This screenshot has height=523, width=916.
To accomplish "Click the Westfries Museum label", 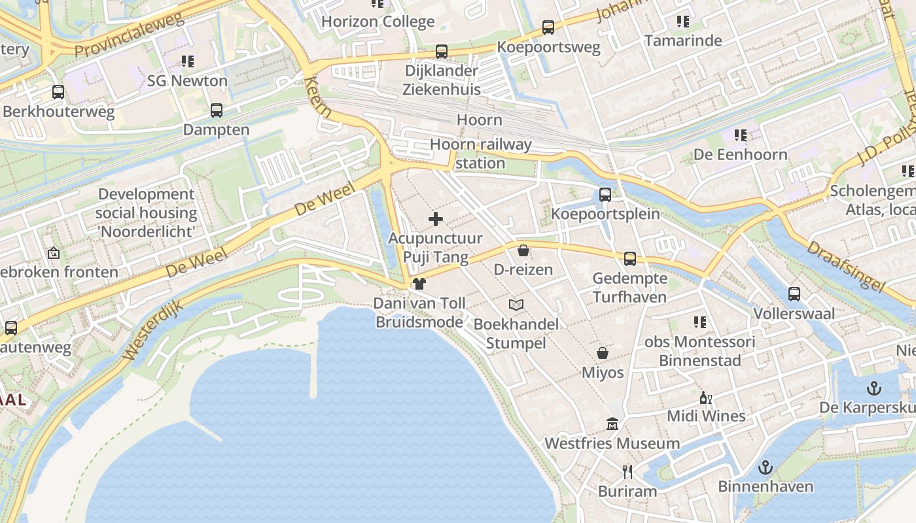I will coord(612,443).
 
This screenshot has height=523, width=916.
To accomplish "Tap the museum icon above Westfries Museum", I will coord(612,424).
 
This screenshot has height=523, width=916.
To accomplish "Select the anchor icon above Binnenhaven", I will coord(765,467).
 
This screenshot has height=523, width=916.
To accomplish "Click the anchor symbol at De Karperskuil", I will coord(873,388).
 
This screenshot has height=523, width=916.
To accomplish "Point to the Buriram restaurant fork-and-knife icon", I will coord(627,471).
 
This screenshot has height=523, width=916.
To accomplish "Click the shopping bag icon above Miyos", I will coord(603,353).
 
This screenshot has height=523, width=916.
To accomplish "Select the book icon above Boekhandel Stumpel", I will coord(516,305).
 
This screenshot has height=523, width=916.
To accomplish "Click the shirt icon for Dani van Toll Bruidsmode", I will coord(419,283).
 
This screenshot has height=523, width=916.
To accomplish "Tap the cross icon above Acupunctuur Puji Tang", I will coord(436,219).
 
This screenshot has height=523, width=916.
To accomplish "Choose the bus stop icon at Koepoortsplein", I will coord(605,194).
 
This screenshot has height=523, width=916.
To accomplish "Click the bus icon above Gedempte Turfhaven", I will coord(629,258).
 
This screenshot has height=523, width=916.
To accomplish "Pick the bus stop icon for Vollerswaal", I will coord(794,294).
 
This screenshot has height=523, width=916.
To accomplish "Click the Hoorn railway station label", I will coord(481,154).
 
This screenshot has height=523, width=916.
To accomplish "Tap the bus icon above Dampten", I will coord(216,110).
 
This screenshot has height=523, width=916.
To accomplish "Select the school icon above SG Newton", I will coord(188,61).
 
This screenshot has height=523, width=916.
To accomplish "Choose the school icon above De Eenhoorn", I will coord(741,135).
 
